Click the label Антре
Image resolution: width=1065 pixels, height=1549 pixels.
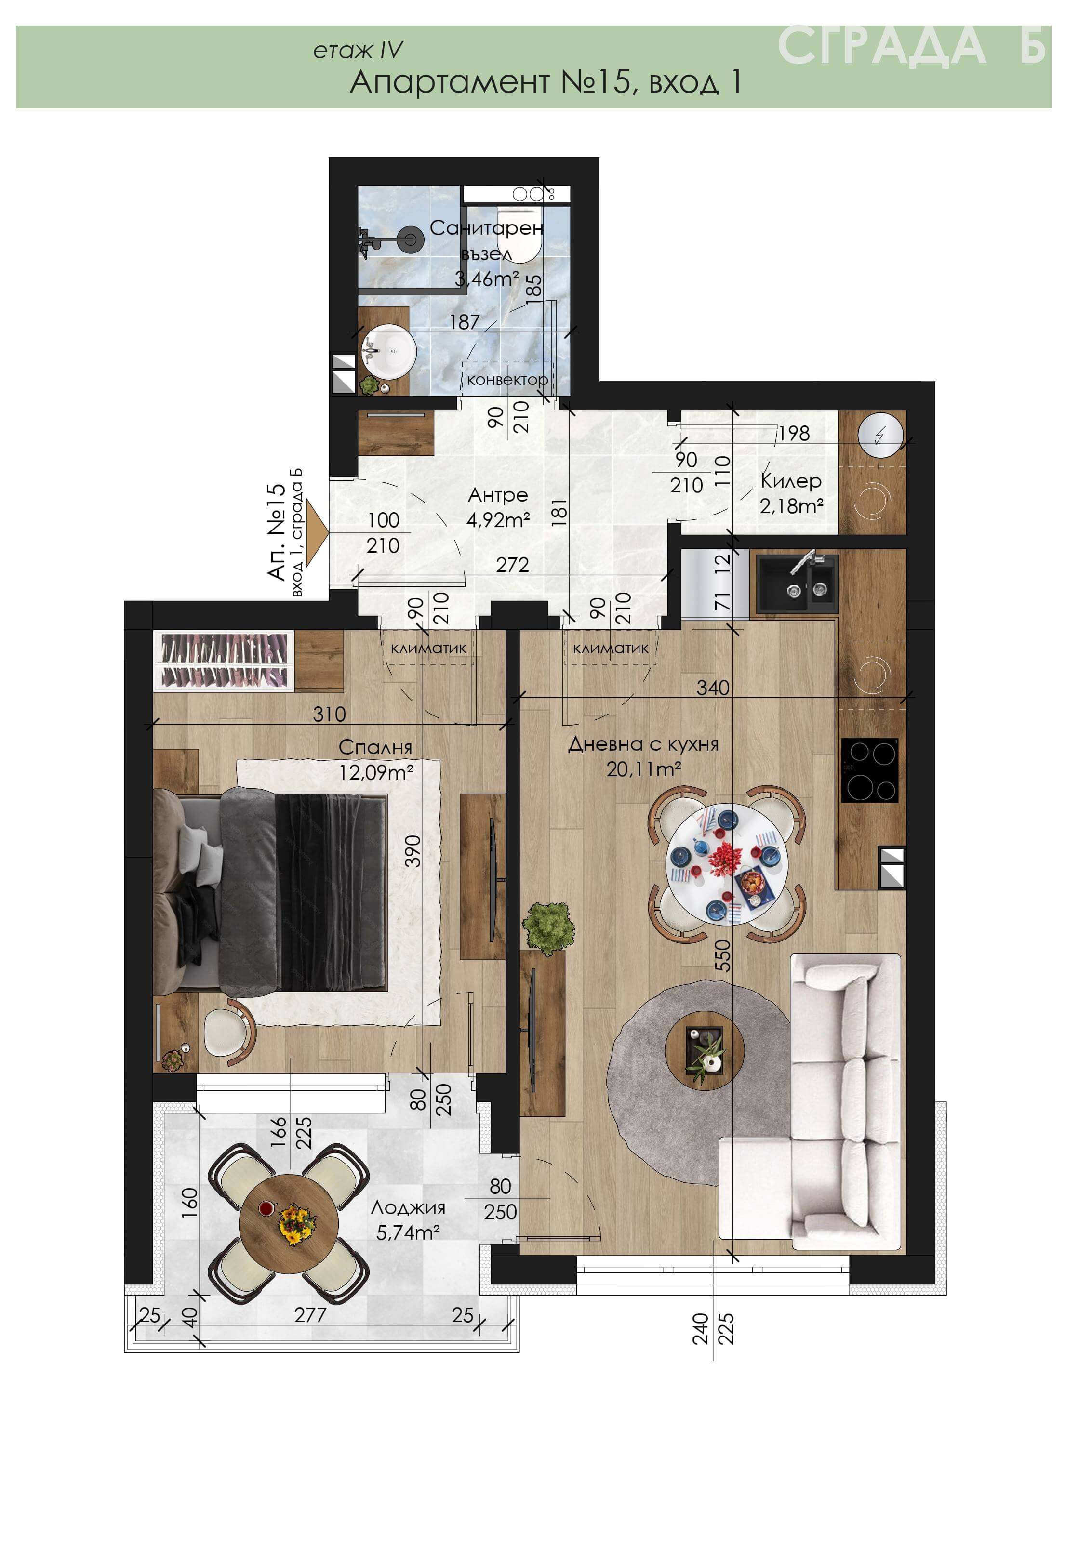tap(498, 495)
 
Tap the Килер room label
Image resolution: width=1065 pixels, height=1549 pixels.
tap(791, 480)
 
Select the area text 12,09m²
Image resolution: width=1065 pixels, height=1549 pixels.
tap(376, 772)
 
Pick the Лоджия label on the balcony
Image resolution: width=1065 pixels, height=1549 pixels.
tap(408, 1207)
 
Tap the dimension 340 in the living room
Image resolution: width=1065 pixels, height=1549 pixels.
tap(713, 688)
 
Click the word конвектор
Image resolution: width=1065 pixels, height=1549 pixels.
tap(507, 380)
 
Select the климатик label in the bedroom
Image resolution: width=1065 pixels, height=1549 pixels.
tap(428, 648)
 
